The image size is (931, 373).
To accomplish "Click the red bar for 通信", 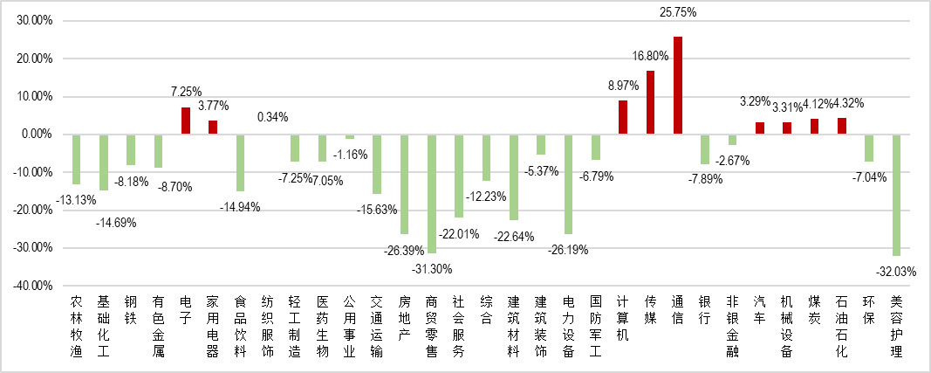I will pos(678,86).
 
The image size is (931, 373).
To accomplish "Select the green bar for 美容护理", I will pos(896,195).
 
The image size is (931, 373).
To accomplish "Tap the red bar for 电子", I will pos(186,121).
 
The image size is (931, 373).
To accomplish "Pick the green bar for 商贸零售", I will pos(432,193).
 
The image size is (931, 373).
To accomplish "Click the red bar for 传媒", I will pos(651,102).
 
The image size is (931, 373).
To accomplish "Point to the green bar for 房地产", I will pos(404,183).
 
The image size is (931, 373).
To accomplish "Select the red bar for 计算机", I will pos(623,117).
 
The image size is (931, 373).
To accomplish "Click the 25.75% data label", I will pos(677,13).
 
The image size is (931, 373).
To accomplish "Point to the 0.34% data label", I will pos(272,117).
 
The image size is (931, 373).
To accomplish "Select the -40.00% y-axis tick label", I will pos(33,286).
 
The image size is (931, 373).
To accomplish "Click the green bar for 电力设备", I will pos(569,183).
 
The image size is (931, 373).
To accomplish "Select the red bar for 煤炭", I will pos(814,127).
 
